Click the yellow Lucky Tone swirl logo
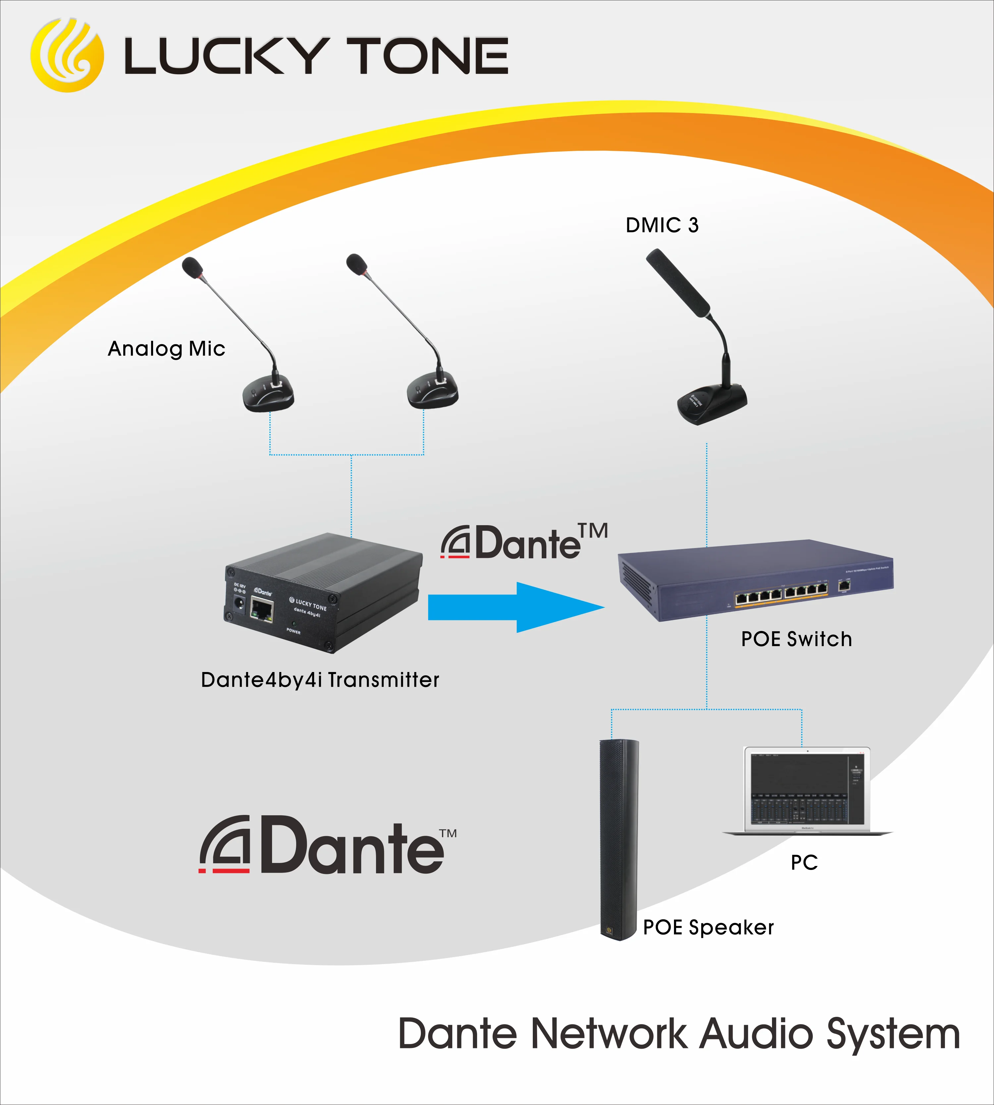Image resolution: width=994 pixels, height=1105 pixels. (x=67, y=55)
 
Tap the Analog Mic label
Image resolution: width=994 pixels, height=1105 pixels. (x=167, y=349)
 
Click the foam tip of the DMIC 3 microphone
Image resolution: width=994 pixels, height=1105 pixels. (x=677, y=282)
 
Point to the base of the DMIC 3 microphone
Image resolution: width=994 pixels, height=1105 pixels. (x=712, y=403)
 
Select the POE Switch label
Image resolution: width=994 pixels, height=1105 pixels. (x=796, y=639)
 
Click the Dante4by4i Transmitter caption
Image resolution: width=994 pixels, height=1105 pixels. (x=320, y=680)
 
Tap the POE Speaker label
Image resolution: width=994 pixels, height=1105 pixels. (x=708, y=927)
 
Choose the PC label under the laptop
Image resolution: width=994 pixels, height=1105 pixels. (x=804, y=862)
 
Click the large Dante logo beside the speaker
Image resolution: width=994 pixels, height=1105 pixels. (x=328, y=845)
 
